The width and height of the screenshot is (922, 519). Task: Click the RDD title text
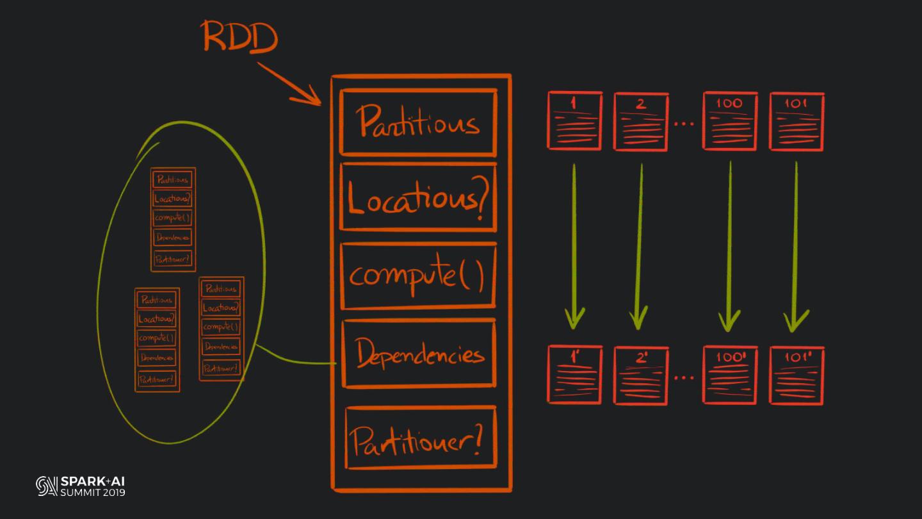click(x=240, y=37)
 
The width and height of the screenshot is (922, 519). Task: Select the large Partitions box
click(x=418, y=122)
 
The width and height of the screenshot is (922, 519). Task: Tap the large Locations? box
click(x=418, y=197)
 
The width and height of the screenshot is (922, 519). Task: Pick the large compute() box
click(x=418, y=276)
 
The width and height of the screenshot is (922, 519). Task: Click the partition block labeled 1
click(x=574, y=121)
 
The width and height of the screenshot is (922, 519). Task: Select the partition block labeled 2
click(x=641, y=122)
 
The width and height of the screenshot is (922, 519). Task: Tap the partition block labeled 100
click(x=730, y=121)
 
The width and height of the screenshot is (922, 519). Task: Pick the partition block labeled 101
click(x=797, y=121)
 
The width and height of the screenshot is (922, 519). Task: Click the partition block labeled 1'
click(x=574, y=375)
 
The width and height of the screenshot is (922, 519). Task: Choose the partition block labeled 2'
click(x=641, y=375)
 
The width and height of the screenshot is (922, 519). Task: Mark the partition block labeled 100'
click(x=730, y=375)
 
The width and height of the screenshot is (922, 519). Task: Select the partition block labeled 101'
click(x=797, y=375)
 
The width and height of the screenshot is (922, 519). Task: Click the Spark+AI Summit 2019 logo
click(x=81, y=486)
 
